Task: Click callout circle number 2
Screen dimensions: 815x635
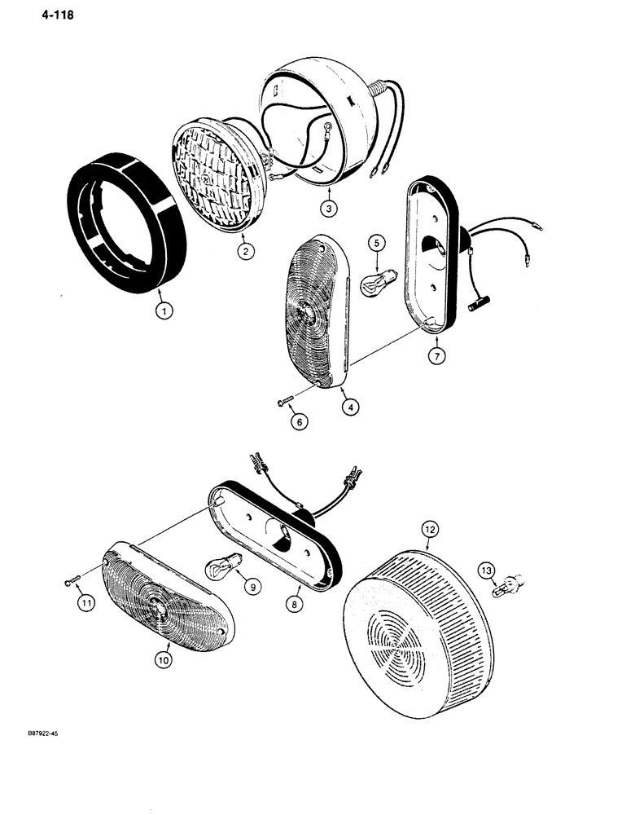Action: (x=245, y=251)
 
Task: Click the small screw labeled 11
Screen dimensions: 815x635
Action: (x=68, y=581)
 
